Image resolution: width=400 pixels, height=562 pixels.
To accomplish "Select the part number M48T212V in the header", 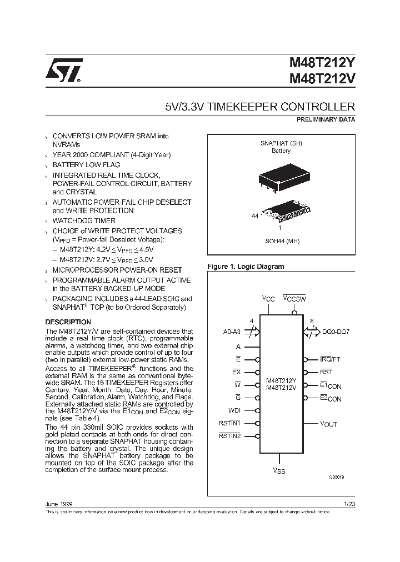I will pos(322,79).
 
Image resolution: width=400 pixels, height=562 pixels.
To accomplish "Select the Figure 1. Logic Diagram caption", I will pos(246,267).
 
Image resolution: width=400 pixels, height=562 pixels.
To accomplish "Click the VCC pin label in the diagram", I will pos(268,299).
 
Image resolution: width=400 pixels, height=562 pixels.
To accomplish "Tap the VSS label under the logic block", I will pos(279,471).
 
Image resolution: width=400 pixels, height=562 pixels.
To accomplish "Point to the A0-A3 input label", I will pos(231,332).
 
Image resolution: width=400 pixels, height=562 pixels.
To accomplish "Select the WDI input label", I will pos(234,411).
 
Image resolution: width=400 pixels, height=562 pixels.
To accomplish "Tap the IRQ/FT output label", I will pos(331,359).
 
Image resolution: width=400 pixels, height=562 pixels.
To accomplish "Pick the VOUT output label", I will pos(328,424).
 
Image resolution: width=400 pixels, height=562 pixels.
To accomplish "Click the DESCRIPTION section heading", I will pos(68,322).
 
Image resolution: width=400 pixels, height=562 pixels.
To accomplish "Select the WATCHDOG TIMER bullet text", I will pos(84,221).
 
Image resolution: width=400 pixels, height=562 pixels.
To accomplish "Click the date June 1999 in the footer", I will pos(58,504).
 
